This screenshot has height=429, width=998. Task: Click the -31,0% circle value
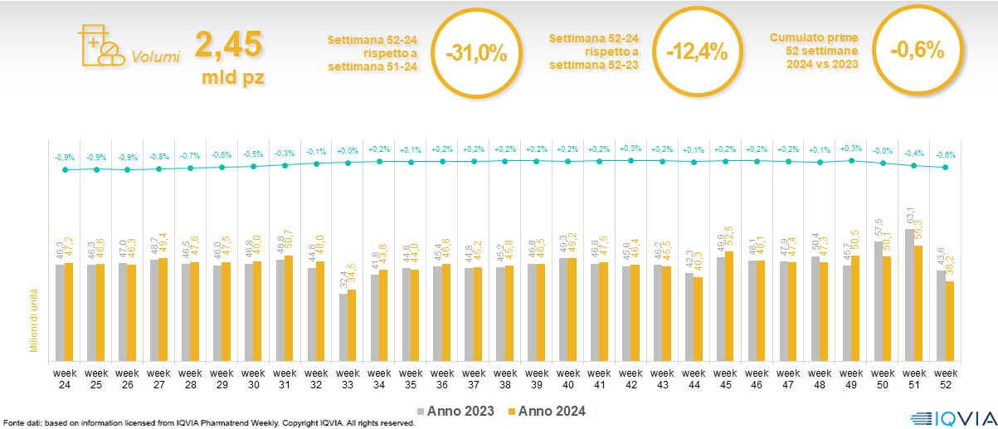[475, 53]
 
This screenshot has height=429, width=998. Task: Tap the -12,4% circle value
[697, 53]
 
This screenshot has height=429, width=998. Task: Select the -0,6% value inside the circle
[917, 51]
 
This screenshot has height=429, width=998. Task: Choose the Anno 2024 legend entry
[547, 412]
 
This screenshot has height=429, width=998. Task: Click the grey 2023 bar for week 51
[909, 294]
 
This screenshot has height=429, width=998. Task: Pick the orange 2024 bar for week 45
[729, 305]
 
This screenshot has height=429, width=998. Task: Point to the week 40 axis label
[567, 368]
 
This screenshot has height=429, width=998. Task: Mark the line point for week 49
[851, 160]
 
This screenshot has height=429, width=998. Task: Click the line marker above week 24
[65, 169]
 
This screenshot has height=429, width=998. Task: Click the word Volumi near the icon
[155, 58]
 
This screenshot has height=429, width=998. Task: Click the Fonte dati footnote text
[207, 423]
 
